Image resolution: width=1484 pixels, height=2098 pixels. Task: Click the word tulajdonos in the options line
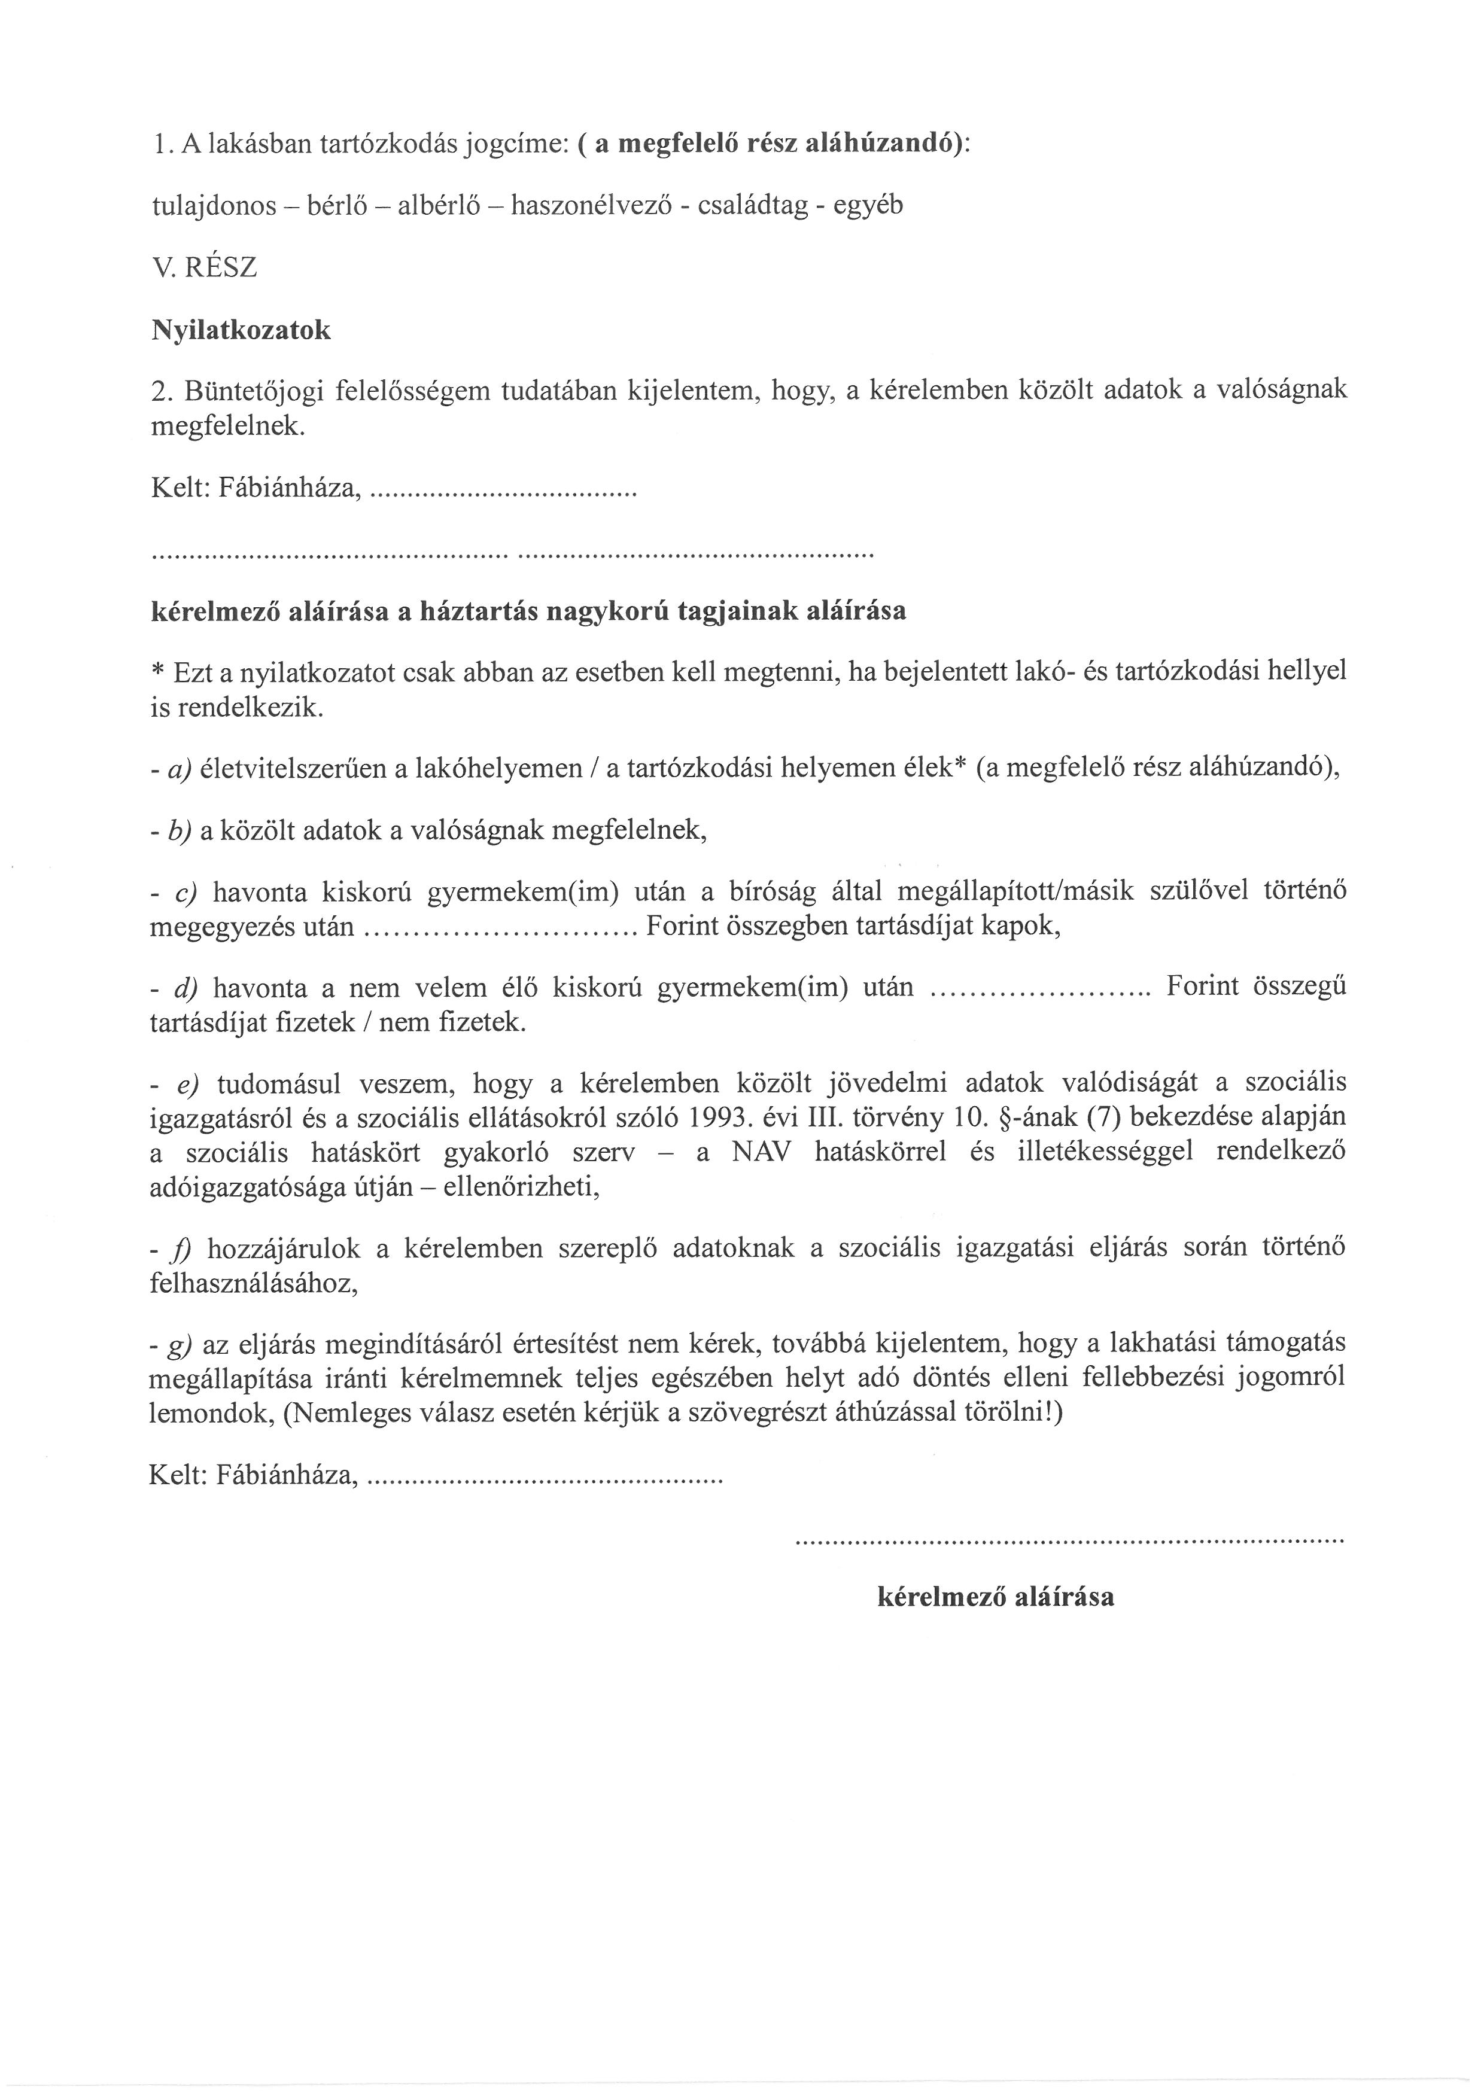coord(213,206)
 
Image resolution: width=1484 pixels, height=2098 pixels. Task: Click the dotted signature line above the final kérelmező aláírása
coord(1070,1542)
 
